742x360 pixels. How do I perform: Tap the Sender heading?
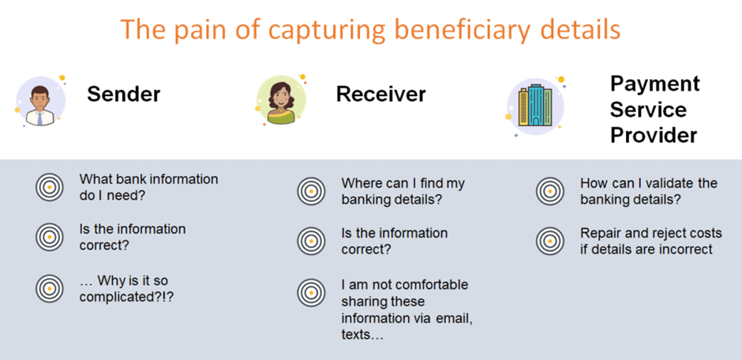click(123, 94)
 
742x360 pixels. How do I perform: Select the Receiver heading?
click(381, 94)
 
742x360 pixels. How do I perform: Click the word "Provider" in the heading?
click(654, 136)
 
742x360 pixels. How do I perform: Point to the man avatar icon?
click(39, 102)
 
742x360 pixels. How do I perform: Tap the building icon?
click(535, 106)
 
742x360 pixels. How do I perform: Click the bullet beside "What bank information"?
click(49, 187)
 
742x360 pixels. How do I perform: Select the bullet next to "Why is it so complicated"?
click(49, 289)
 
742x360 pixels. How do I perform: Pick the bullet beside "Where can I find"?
click(311, 191)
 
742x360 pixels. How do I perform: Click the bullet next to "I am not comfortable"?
click(311, 293)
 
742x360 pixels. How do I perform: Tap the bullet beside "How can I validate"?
click(550, 191)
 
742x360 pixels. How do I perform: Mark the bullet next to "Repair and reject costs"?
click(550, 241)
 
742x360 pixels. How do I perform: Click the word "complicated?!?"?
click(127, 297)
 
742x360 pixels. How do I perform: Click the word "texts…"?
click(362, 335)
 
